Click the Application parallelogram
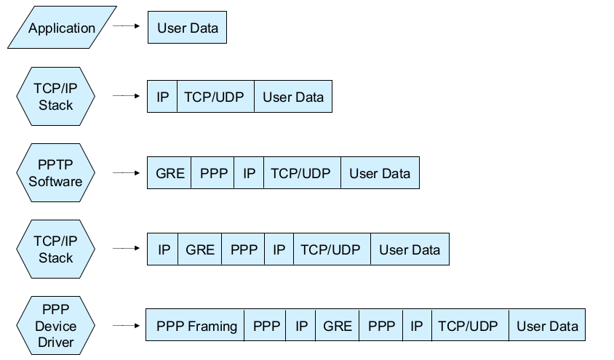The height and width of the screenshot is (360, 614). (x=63, y=28)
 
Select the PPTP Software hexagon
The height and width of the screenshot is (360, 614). (x=55, y=174)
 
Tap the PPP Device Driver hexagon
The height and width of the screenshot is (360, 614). (x=55, y=326)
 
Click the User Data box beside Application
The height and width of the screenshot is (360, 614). (x=188, y=28)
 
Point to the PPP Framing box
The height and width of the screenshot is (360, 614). (x=196, y=326)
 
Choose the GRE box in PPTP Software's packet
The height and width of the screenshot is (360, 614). (x=170, y=174)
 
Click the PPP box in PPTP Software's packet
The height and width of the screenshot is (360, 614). (x=213, y=174)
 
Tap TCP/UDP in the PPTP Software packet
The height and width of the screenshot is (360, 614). (x=300, y=174)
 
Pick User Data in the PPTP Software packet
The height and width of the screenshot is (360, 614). (x=380, y=174)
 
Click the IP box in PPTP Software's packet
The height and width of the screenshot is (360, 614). (x=250, y=174)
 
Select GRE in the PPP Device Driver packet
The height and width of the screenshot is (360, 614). (x=338, y=326)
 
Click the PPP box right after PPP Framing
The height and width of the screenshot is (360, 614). (x=266, y=326)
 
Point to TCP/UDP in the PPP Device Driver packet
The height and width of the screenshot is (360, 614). (x=468, y=326)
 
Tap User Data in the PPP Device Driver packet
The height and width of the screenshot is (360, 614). (x=547, y=326)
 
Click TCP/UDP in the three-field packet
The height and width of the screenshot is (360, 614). (x=214, y=97)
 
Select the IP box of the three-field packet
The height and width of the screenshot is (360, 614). (x=162, y=97)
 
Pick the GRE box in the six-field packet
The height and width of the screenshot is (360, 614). (x=200, y=249)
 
